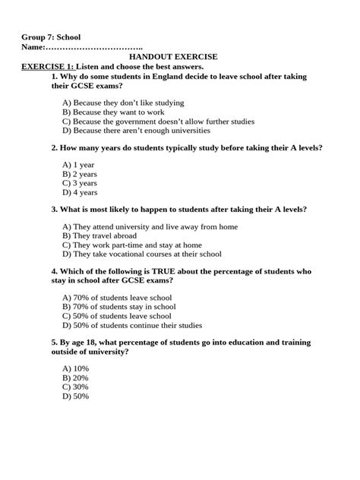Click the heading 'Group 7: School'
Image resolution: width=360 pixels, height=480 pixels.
click(51, 37)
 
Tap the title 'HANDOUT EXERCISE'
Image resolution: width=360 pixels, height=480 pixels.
click(173, 57)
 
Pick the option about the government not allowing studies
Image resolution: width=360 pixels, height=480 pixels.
click(158, 122)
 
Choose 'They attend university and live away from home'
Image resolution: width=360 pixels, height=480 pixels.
click(150, 226)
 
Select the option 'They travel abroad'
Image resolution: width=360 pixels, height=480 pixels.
click(102, 236)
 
